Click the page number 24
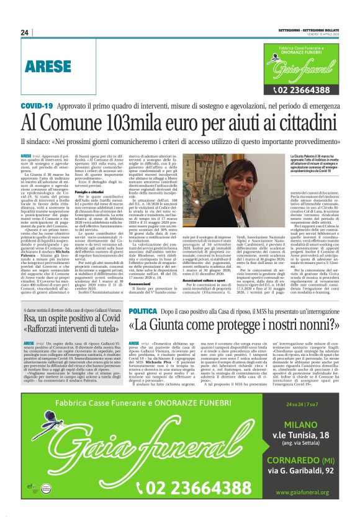25,32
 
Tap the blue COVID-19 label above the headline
37,107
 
